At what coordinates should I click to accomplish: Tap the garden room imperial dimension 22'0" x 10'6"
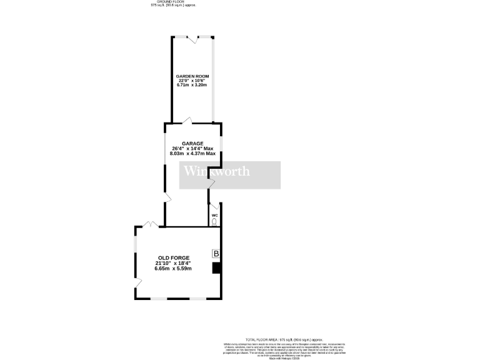192,81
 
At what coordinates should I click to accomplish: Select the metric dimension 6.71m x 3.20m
192,86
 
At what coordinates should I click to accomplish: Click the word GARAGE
192,143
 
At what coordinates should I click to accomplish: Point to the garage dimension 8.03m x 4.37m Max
192,153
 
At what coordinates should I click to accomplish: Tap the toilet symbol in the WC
215,221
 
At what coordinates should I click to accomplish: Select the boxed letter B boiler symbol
216,254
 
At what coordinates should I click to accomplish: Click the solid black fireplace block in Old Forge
216,268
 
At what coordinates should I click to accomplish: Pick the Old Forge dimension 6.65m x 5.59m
174,269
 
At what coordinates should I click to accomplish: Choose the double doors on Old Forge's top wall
149,224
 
